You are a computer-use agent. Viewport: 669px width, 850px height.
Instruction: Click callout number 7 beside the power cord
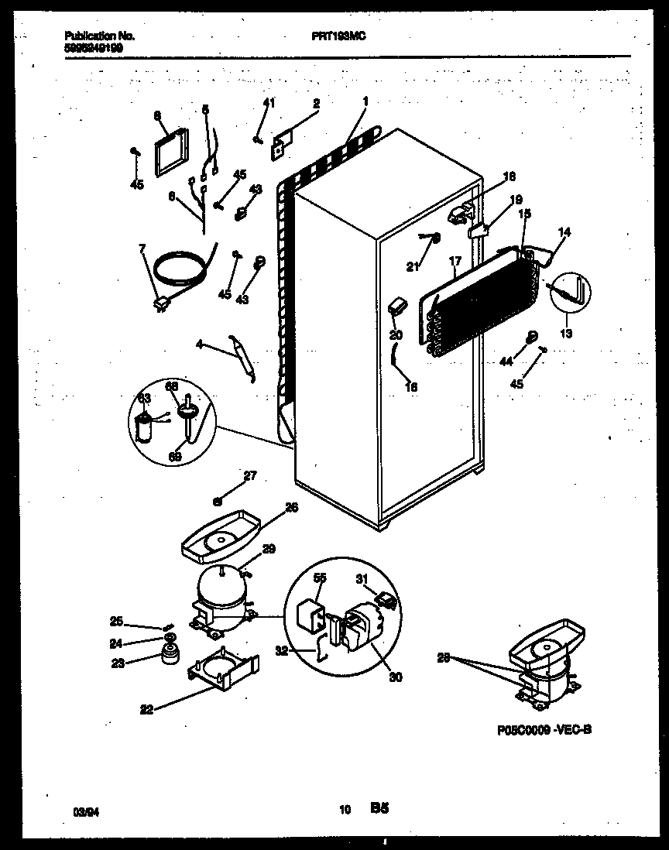(x=141, y=248)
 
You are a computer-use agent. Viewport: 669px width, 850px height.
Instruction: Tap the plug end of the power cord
(x=163, y=305)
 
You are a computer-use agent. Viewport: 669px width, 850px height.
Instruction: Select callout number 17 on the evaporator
(x=455, y=262)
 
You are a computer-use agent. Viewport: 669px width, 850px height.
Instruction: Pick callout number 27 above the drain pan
(x=249, y=476)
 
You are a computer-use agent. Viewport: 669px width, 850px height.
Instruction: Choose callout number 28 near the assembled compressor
(x=444, y=658)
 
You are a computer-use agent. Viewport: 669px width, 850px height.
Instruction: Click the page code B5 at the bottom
(x=379, y=809)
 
